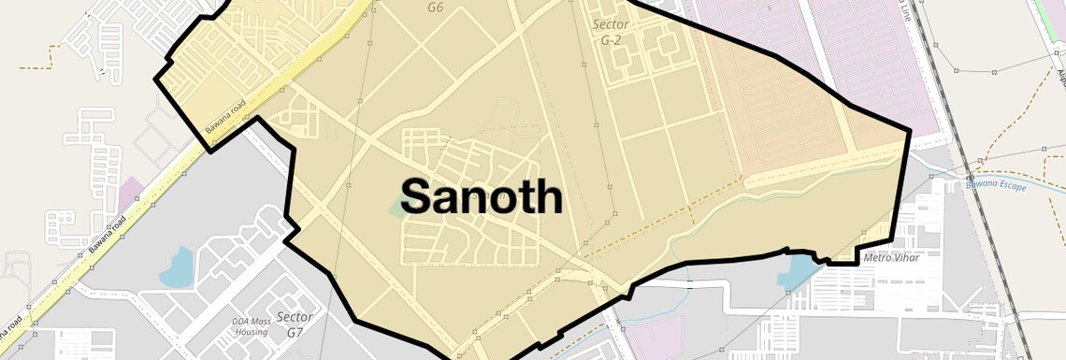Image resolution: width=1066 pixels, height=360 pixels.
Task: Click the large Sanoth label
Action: [x=482, y=196]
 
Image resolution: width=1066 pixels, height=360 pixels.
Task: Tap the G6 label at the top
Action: [x=435, y=7]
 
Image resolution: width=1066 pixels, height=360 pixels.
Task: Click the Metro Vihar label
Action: [x=891, y=257]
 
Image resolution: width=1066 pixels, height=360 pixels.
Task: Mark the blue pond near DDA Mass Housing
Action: [x=177, y=268]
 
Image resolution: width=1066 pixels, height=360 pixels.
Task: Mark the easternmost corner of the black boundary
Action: [x=910, y=131]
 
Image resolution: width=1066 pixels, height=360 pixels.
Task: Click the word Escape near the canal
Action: [x=1011, y=187]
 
